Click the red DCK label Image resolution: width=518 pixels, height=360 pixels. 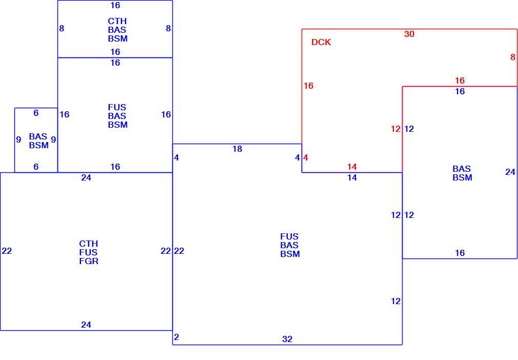click(321, 42)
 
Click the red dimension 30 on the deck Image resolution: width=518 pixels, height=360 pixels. click(409, 34)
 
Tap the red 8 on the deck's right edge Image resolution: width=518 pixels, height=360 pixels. click(512, 57)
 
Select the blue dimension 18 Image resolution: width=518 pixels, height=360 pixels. click(237, 149)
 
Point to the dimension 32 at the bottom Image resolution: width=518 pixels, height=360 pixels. click(287, 339)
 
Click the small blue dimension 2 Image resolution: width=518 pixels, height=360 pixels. click(176, 337)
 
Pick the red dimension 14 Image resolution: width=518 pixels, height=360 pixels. click(352, 167)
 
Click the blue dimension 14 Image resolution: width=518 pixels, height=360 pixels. click(352, 177)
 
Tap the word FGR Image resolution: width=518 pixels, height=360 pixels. click(89, 261)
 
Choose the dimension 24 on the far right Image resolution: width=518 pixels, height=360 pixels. click(510, 172)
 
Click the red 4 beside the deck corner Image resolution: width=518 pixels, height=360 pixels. click(306, 158)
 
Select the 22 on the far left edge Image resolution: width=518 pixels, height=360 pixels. click(7, 251)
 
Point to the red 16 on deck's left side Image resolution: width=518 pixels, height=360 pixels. click(308, 86)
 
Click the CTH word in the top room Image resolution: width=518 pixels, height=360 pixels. click(117, 21)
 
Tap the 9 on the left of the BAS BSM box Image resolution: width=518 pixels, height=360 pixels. click(18, 139)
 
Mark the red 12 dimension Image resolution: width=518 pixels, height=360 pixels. click(395, 129)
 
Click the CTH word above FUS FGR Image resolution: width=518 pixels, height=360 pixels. click(89, 244)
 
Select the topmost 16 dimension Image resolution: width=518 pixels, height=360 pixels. click(115, 5)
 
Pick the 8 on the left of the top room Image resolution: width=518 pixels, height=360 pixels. click(62, 28)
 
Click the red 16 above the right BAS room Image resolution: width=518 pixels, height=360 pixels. click(460, 81)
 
